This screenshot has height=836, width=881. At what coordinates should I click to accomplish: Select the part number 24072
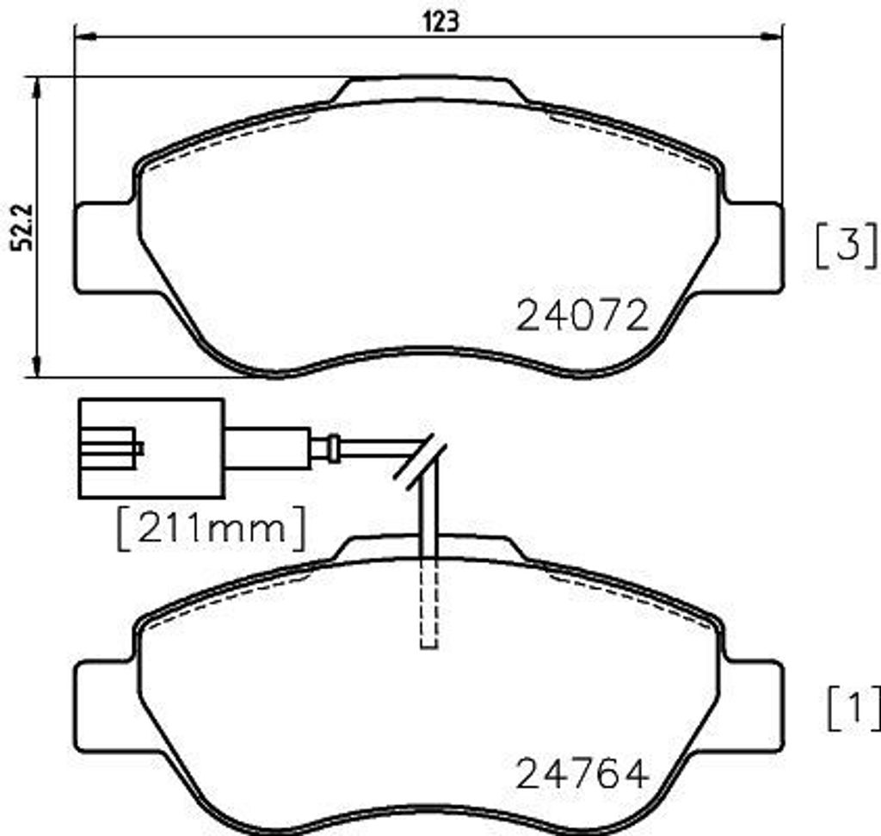[x=582, y=317]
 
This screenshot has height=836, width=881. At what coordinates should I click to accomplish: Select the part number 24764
[x=582, y=774]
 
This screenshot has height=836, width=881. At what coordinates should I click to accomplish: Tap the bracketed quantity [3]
[x=847, y=244]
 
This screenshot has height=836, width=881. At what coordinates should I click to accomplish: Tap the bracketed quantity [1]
[x=853, y=709]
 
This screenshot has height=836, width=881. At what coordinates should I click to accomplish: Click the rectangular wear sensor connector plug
[x=151, y=449]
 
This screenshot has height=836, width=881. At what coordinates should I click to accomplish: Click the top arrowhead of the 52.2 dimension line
[x=36, y=86]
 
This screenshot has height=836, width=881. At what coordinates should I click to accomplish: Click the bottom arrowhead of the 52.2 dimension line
[x=36, y=367]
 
